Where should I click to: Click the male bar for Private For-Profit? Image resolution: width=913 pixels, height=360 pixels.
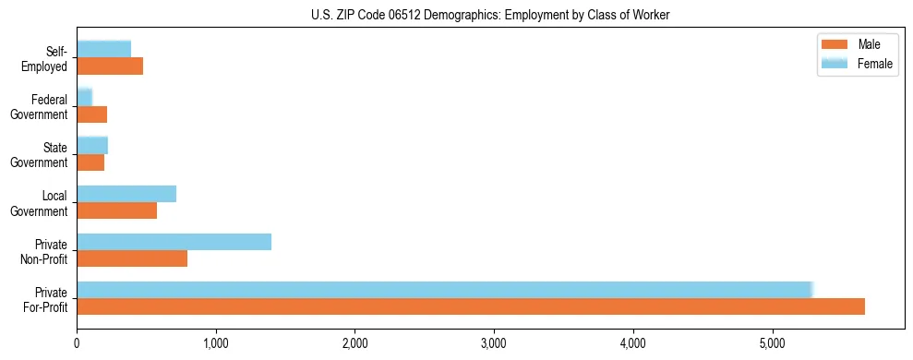click(471, 306)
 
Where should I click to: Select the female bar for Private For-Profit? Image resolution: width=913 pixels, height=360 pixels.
click(443, 290)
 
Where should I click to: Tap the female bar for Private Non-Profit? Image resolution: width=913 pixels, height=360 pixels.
click(174, 242)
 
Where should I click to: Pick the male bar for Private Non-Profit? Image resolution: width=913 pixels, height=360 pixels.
click(132, 258)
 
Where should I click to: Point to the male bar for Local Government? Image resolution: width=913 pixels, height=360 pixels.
click(116, 210)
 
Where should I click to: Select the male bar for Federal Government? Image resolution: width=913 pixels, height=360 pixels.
click(92, 114)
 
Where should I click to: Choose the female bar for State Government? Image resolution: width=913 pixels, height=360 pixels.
click(92, 145)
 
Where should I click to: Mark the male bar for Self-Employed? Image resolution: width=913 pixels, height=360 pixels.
click(110, 66)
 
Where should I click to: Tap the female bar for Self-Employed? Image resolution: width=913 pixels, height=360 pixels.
click(103, 49)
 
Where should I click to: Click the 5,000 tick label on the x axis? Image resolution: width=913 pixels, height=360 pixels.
click(772, 343)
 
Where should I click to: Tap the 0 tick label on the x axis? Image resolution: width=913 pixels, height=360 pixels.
click(77, 343)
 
